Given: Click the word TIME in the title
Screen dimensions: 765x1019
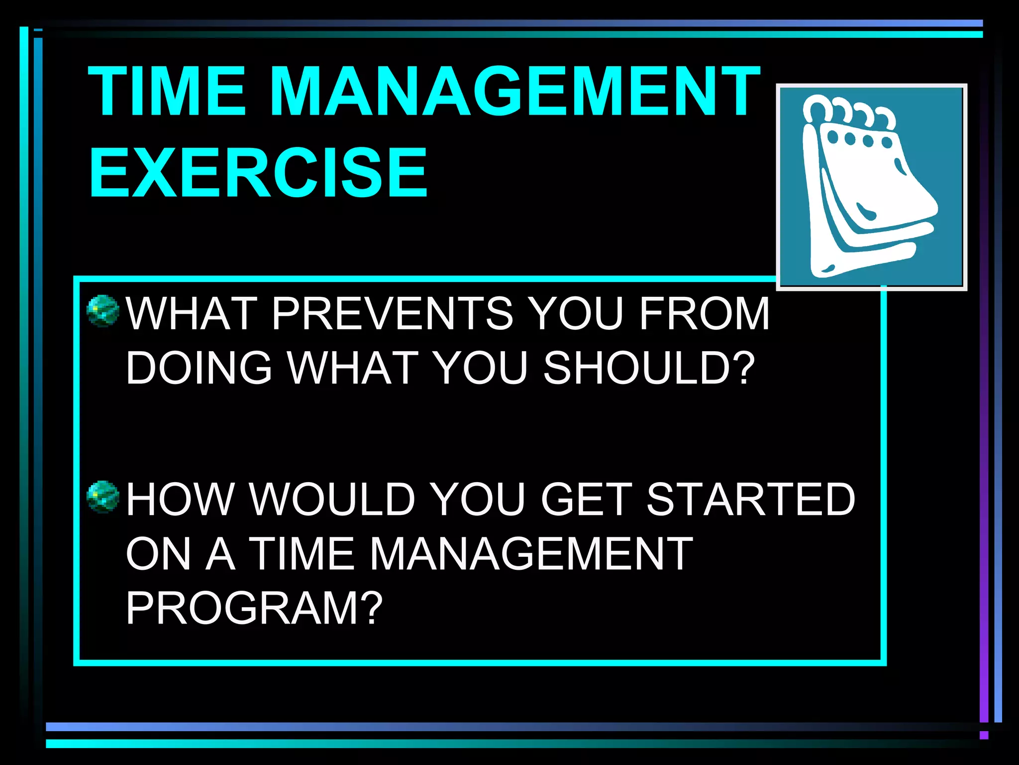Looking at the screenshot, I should (167, 92).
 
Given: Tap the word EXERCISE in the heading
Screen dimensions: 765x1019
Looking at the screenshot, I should (258, 173).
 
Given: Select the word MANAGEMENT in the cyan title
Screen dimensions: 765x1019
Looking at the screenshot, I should (514, 92).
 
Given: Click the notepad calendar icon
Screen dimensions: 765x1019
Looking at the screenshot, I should (871, 187).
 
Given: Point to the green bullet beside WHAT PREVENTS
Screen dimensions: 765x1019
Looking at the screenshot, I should (103, 311).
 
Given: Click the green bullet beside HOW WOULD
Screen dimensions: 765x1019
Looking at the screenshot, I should (103, 497).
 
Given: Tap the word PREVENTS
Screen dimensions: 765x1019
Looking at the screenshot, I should (392, 313).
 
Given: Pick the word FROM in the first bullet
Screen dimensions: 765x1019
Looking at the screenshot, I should (704, 313).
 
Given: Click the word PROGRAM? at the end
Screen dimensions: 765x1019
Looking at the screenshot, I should (254, 608).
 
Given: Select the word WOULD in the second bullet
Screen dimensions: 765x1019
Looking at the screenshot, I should (332, 499).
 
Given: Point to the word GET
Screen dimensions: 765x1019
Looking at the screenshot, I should (587, 499).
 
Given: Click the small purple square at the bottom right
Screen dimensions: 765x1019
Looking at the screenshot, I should (984, 735).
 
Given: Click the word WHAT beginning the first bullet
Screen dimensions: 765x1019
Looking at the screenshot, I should (192, 313).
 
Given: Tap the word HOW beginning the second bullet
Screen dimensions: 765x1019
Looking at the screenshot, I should (180, 499).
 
